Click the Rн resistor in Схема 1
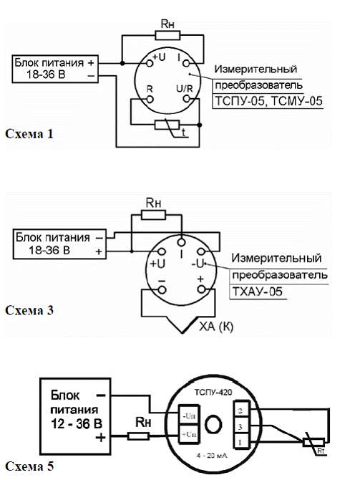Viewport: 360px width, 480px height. click(167, 35)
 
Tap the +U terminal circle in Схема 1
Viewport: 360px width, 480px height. click(150, 63)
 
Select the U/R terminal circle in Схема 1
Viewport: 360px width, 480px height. click(186, 99)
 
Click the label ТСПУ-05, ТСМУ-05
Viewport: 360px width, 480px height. click(268, 101)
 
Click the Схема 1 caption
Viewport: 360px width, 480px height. click(29, 134)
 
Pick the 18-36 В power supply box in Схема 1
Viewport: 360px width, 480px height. click(55, 69)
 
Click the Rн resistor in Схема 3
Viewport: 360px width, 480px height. click(153, 215)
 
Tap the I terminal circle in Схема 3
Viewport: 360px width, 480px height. click(181, 242)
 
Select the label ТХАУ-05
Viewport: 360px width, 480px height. click(258, 292)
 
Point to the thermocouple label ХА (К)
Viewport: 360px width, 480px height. click(216, 327)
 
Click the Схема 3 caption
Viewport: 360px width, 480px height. click(29, 310)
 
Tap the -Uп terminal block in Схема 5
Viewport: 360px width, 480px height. click(189, 416)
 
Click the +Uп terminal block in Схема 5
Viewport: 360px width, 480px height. click(189, 433)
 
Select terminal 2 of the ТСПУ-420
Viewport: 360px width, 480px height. click(241, 411)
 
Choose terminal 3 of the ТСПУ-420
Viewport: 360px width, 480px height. click(241, 426)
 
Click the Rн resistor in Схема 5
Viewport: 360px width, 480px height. click(138, 436)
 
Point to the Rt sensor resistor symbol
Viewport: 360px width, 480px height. click(313, 442)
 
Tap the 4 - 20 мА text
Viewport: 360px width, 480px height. click(212, 456)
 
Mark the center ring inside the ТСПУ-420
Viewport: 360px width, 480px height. click(213, 425)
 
